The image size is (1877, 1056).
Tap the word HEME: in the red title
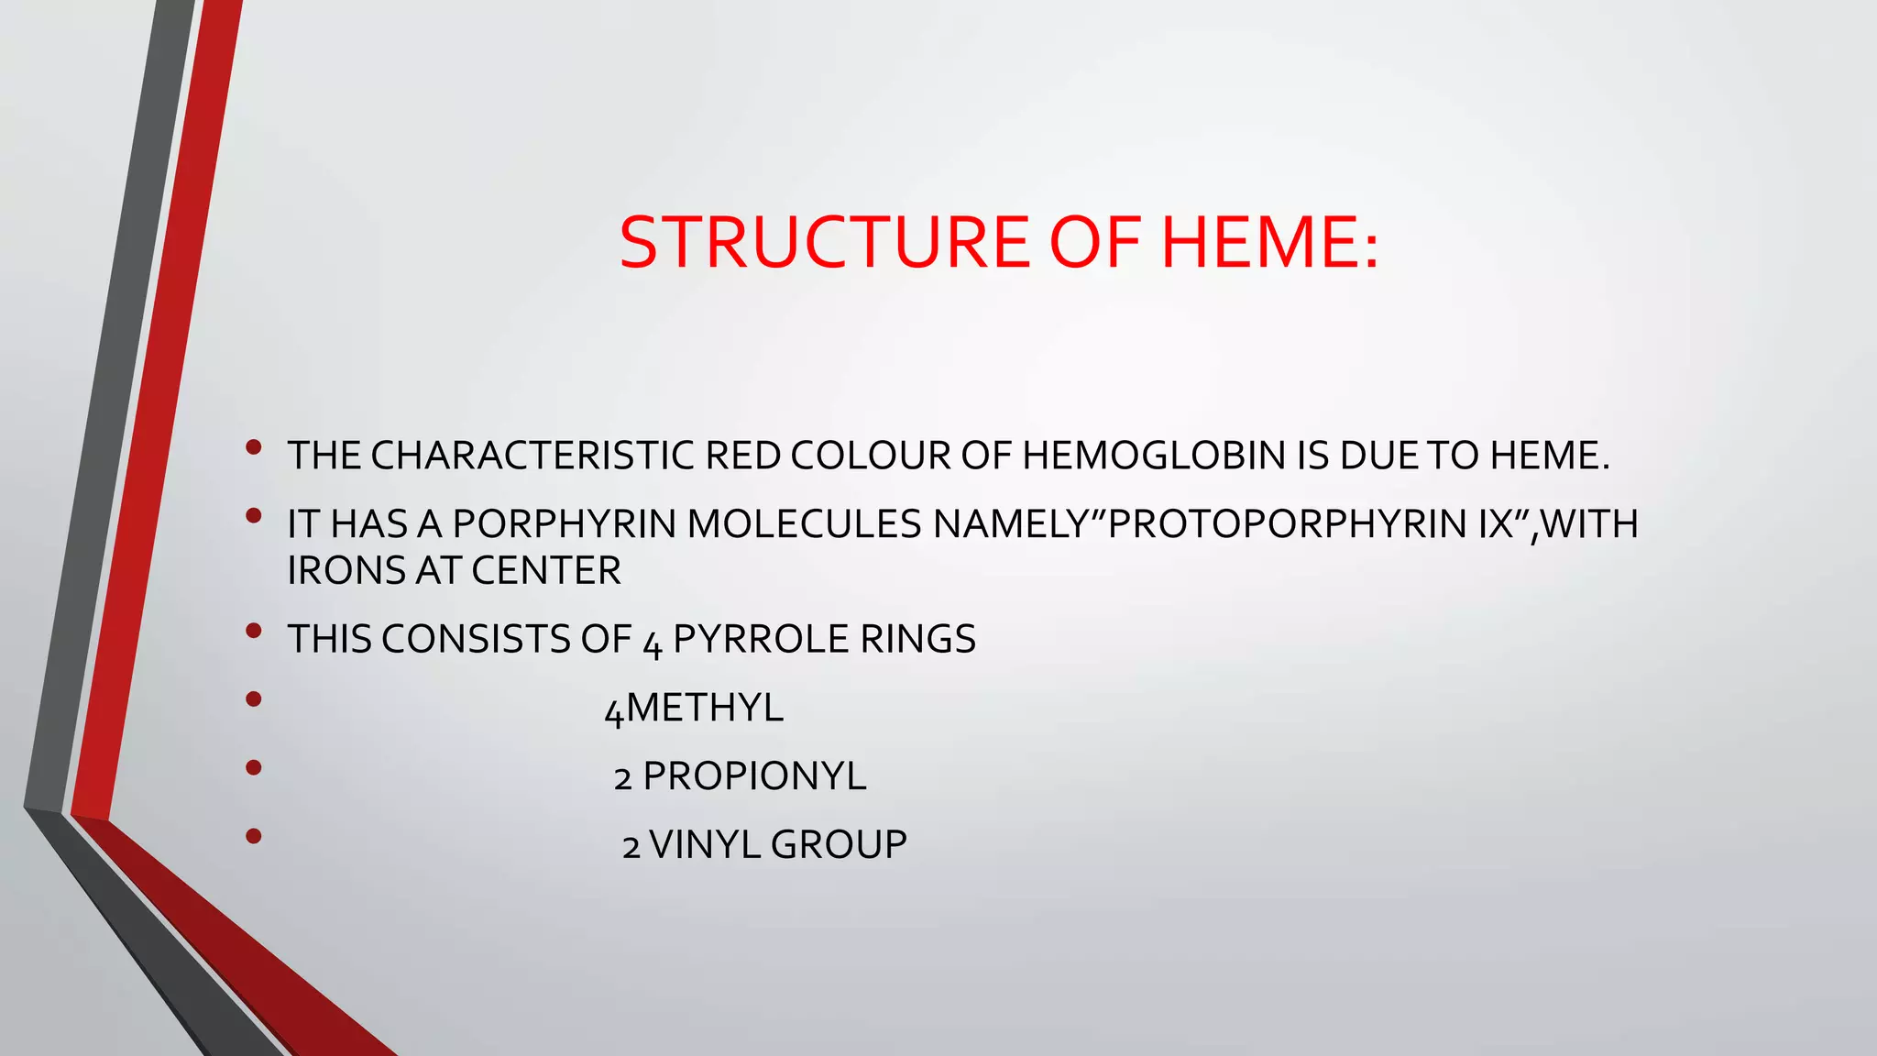tap(1269, 243)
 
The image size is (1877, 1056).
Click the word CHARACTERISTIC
tap(532, 456)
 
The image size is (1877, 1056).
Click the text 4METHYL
tap(694, 709)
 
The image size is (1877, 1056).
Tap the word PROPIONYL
tap(754, 776)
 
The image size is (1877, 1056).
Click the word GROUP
tap(839, 844)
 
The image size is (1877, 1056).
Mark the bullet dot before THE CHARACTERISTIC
tap(254, 447)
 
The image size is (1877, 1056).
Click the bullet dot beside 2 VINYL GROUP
tap(254, 836)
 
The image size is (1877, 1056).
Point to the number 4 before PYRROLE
tap(652, 643)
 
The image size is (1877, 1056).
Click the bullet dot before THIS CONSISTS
tap(254, 631)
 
